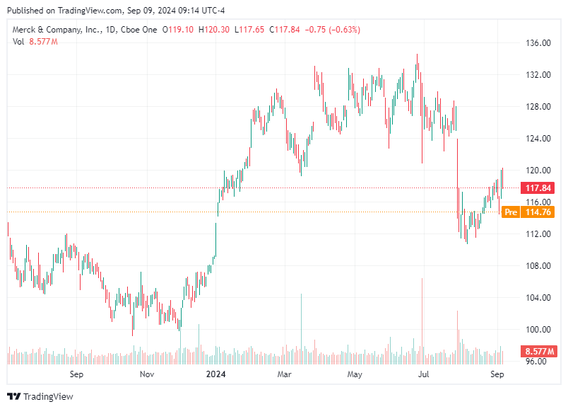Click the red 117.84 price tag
(539, 188)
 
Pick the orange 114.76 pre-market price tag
(539, 212)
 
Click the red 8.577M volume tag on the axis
(539, 352)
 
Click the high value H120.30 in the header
(216, 30)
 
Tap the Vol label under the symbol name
(19, 42)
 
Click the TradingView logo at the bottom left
(40, 396)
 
